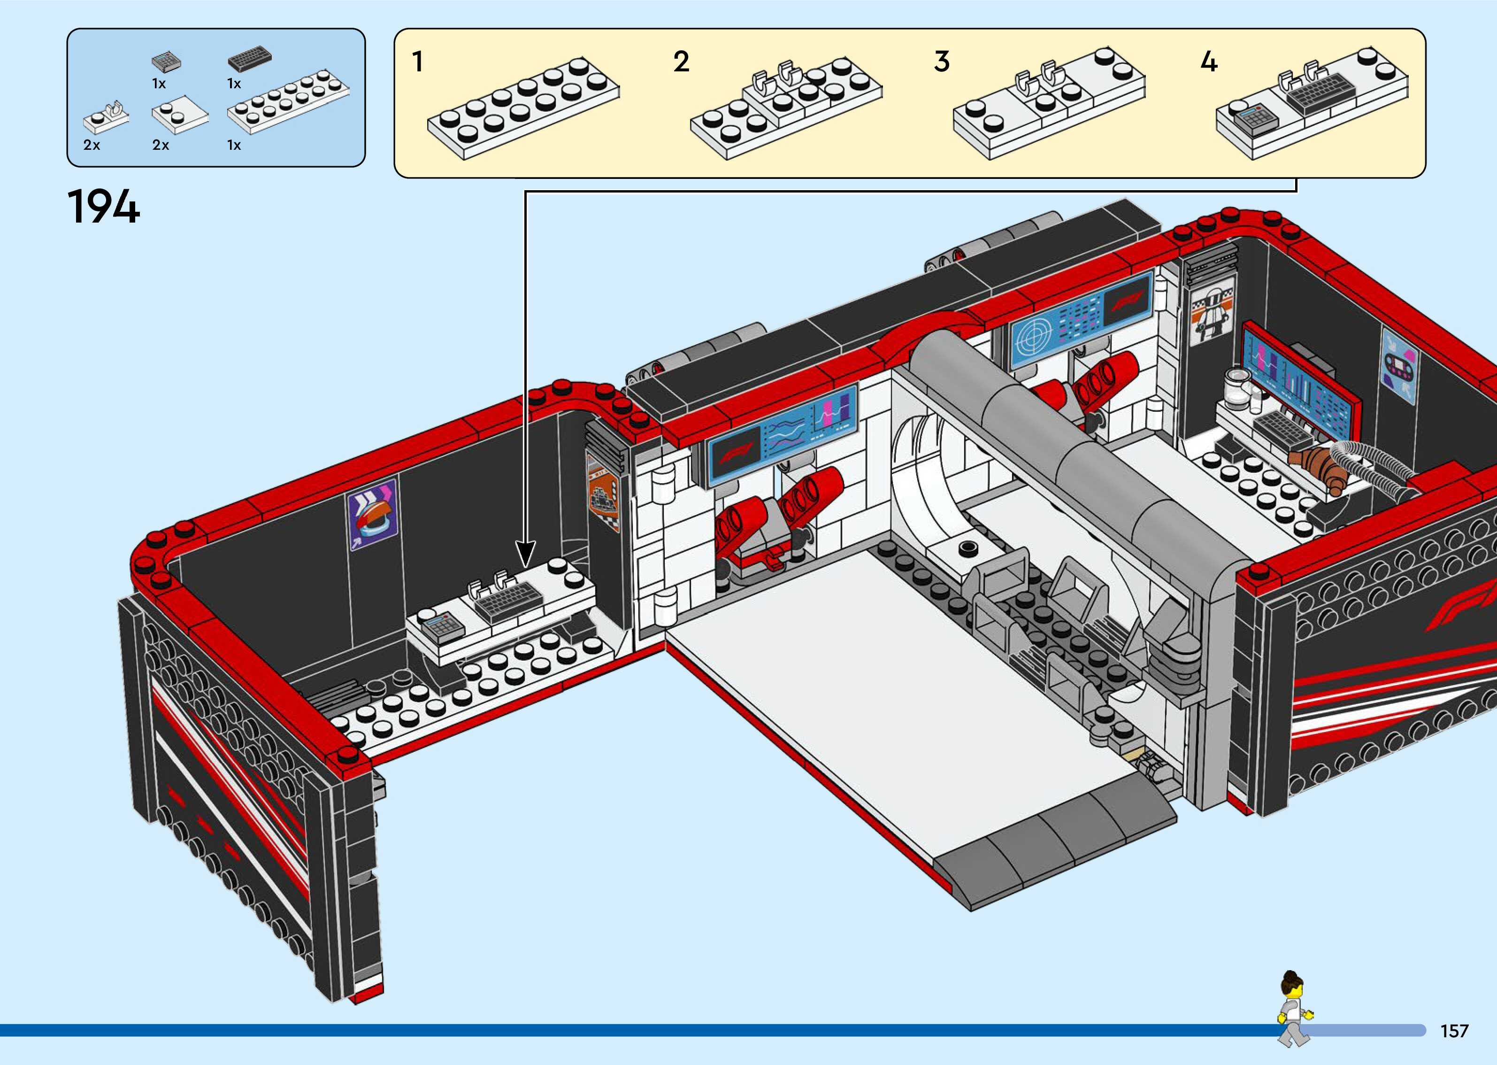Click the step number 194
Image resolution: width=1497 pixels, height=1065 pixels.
pos(104,207)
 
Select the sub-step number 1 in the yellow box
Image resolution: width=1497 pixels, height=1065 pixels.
pos(417,62)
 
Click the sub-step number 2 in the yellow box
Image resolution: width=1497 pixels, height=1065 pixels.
pos(681,62)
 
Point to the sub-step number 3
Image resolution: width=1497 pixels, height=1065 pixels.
pos(942,62)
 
